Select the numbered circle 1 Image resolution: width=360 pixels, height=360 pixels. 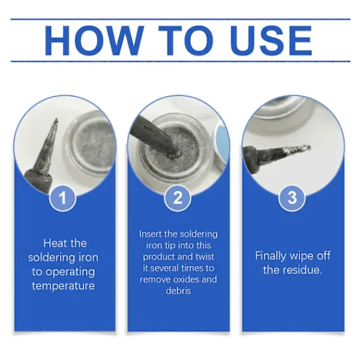click(x=62, y=197)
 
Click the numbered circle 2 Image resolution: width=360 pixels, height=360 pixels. click(x=178, y=197)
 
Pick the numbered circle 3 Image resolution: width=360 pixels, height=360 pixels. click(x=292, y=197)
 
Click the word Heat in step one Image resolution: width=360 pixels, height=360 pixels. click(x=54, y=243)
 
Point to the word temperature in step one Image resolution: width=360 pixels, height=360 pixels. click(x=64, y=286)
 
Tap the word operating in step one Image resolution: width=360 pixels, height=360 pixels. click(x=70, y=272)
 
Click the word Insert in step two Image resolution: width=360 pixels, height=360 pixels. click(x=151, y=234)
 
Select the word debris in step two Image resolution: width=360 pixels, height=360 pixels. click(x=178, y=290)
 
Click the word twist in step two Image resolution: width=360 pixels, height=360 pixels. click(x=204, y=256)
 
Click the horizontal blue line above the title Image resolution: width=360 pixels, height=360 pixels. click(x=180, y=19)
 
